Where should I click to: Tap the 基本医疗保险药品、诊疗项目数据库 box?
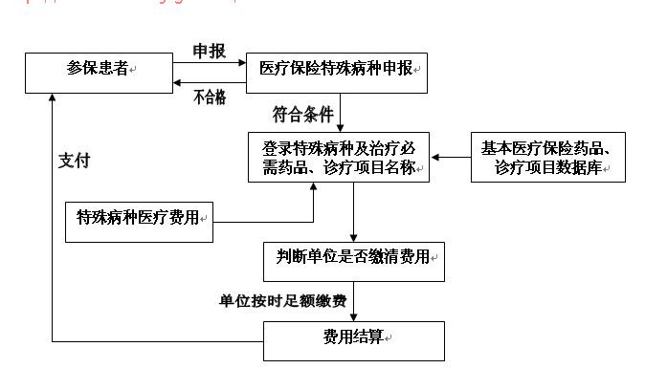pyautogui.click(x=548, y=157)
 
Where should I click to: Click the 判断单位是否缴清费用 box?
pyautogui.click(x=354, y=260)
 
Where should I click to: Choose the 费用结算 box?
pyautogui.click(x=354, y=339)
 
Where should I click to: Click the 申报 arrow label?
pyautogui.click(x=210, y=51)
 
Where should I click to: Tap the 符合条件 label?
pyautogui.click(x=302, y=115)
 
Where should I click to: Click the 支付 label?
pyautogui.click(x=74, y=161)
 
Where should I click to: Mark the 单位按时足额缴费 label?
pyautogui.click(x=282, y=301)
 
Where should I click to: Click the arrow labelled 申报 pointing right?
pyautogui.click(x=210, y=63)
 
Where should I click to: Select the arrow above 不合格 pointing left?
pyautogui.click(x=210, y=83)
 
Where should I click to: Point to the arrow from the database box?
pyautogui.click(x=451, y=157)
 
